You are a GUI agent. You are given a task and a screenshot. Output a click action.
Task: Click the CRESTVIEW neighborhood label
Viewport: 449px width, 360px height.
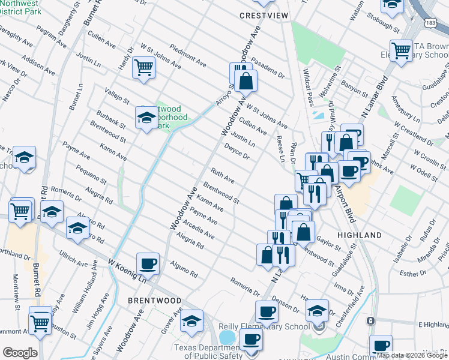tap(261, 15)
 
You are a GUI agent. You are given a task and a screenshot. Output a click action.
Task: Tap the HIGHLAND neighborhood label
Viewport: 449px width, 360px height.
tap(360, 235)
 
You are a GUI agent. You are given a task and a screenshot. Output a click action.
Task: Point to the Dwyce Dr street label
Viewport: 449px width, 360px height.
tap(237, 151)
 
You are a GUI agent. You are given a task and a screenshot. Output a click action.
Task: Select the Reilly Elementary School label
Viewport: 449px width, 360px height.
tap(275, 326)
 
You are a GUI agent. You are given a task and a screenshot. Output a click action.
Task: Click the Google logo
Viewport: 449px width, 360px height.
tap(20, 353)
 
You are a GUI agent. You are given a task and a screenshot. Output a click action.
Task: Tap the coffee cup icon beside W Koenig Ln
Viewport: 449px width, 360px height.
tap(148, 263)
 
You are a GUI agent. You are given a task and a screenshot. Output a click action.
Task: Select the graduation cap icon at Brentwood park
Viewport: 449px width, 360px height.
tap(146, 117)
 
